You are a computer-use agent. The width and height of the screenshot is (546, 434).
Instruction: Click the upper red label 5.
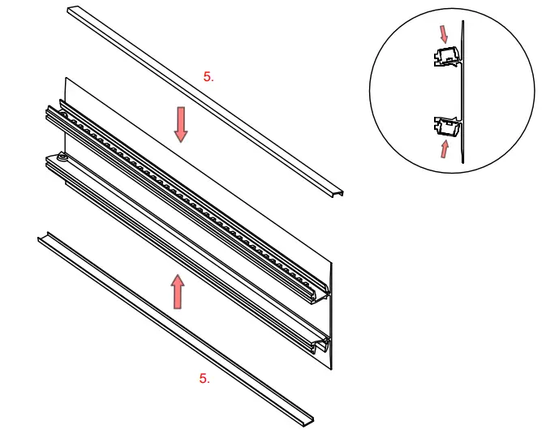(209, 77)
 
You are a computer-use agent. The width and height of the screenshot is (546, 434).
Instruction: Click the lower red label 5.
(204, 379)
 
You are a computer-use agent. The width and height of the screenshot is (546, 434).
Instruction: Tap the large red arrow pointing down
(180, 123)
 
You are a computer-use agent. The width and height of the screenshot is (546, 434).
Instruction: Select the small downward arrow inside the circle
(442, 33)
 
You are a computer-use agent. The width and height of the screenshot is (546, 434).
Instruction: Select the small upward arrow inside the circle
(444, 148)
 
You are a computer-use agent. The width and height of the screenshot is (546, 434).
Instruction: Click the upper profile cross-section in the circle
(445, 58)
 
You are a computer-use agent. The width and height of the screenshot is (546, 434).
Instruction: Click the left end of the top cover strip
(71, 11)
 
